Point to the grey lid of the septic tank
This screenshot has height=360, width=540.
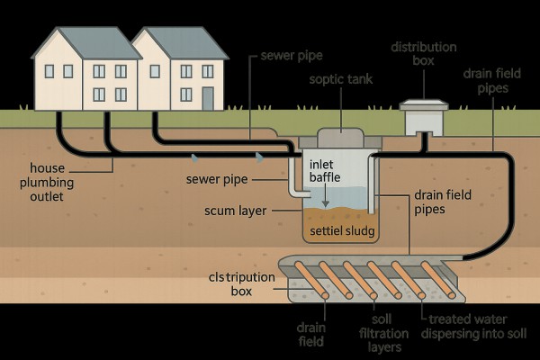pyautogui.click(x=340, y=135)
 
